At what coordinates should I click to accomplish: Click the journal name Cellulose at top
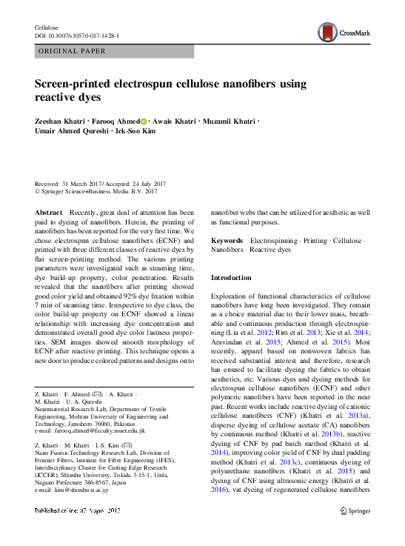(47, 27)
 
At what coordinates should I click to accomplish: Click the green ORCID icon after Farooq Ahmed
(144, 121)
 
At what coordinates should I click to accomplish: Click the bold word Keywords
(227, 241)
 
